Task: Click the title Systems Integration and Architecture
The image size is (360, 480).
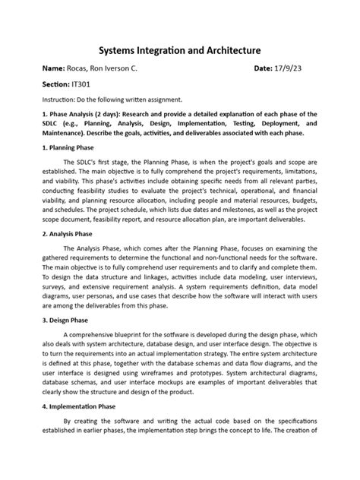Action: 179,49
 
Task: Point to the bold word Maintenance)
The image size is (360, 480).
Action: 55,132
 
